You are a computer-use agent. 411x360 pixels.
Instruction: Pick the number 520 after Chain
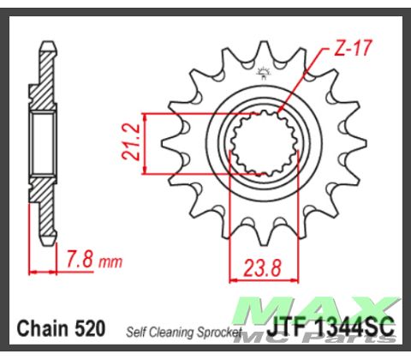(x=90, y=327)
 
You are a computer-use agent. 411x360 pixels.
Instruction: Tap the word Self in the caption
(x=139, y=330)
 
